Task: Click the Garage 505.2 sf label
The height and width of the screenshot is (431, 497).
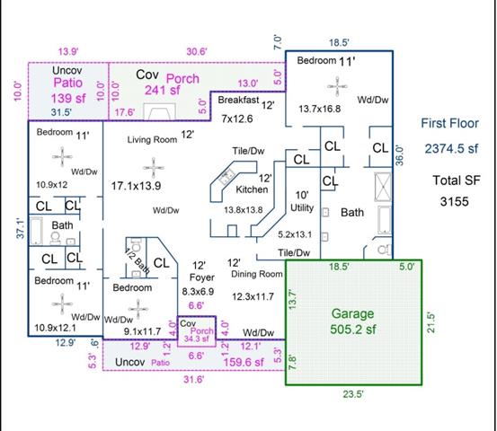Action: tap(353, 321)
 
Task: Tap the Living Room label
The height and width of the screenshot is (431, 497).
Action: tap(152, 140)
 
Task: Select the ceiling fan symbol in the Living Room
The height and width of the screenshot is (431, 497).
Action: tap(154, 168)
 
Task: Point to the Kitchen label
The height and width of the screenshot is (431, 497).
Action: tap(252, 189)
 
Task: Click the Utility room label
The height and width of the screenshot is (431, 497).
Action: tap(302, 207)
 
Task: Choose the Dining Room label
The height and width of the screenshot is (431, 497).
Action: tap(257, 274)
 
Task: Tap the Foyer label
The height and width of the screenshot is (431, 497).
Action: tap(202, 277)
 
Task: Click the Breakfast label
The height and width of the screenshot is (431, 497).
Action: tap(238, 100)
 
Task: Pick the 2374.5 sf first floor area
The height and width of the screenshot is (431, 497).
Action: tap(451, 148)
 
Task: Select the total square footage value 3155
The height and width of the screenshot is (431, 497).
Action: tap(454, 201)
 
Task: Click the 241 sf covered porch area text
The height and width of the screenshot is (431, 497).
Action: tap(163, 91)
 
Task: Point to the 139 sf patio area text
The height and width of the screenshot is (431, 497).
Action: tap(68, 98)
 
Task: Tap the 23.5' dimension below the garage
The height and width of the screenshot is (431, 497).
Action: tap(353, 394)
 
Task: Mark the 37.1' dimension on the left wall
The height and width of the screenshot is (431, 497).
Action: tap(20, 228)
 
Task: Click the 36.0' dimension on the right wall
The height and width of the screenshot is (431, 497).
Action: tap(400, 155)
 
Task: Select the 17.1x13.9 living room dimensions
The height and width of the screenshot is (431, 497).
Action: tap(136, 186)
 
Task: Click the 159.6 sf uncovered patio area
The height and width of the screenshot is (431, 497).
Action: tap(244, 362)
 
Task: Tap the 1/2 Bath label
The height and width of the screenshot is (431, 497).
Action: tap(137, 260)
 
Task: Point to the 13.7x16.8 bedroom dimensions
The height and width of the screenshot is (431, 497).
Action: tap(320, 109)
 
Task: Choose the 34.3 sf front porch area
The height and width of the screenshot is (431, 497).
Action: tap(197, 339)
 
